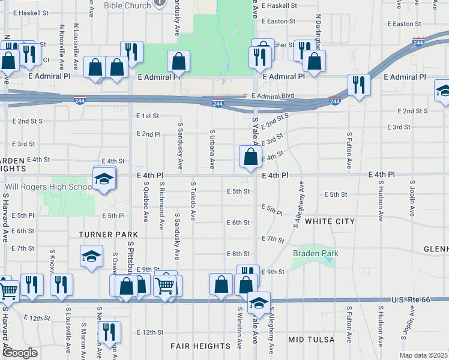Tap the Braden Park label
(316, 254)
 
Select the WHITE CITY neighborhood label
(330, 221)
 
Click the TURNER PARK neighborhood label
(108, 234)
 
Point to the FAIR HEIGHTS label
(200, 346)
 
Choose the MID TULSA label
(311, 340)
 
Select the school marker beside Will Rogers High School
(104, 179)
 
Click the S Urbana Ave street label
(212, 148)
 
